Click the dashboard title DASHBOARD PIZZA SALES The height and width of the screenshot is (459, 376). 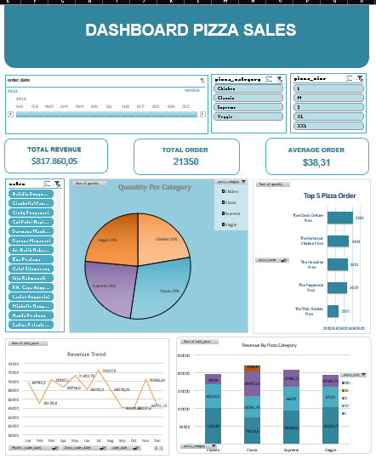(191, 31)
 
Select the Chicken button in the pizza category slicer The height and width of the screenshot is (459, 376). (247, 88)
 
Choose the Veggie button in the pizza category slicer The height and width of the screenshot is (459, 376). (247, 117)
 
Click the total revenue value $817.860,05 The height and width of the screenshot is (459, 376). (54, 161)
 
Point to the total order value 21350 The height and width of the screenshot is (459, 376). (185, 161)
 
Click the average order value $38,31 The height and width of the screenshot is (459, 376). (316, 161)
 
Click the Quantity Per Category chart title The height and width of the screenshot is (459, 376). (155, 187)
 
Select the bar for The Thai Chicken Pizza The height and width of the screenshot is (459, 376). (333, 311)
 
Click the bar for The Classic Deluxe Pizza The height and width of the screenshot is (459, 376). (339, 218)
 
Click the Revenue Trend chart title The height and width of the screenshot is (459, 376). (87, 354)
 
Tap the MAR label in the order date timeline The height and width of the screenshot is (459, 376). (49, 106)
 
